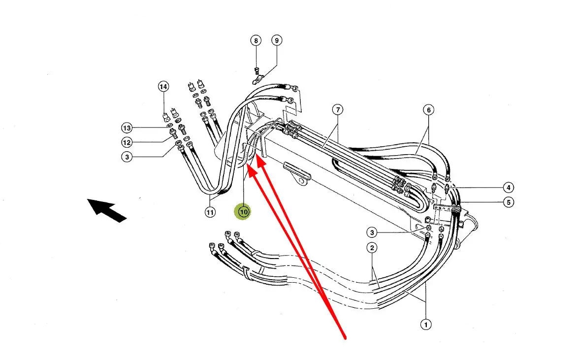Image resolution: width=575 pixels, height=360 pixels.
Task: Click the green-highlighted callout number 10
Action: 244,212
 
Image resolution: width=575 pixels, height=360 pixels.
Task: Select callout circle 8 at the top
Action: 256,40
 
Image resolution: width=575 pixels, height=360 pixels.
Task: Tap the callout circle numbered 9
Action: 276,40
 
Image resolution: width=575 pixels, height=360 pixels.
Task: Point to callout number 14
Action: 163,87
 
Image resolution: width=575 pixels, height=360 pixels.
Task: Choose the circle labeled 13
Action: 127,128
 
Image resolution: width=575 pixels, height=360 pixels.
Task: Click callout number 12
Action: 127,142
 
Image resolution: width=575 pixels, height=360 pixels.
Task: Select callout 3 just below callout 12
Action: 127,157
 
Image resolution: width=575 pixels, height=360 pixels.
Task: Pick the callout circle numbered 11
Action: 210,213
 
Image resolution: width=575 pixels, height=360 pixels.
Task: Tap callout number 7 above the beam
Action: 337,110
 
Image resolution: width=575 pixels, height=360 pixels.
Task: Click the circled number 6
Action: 428,110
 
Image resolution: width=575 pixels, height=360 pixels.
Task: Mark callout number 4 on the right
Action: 508,187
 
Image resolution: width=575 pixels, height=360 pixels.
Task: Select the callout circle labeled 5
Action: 508,202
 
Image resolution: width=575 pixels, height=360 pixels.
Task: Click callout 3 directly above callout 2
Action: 373,232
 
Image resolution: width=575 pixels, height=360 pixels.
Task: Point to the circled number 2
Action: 373,248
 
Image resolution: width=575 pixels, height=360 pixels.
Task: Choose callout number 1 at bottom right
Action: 425,324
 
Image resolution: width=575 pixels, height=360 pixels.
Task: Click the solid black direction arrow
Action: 106,210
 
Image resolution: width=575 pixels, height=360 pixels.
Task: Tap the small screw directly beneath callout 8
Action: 256,68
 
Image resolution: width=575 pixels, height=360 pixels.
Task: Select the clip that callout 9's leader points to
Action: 257,78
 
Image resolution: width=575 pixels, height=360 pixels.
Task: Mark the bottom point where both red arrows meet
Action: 345,338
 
